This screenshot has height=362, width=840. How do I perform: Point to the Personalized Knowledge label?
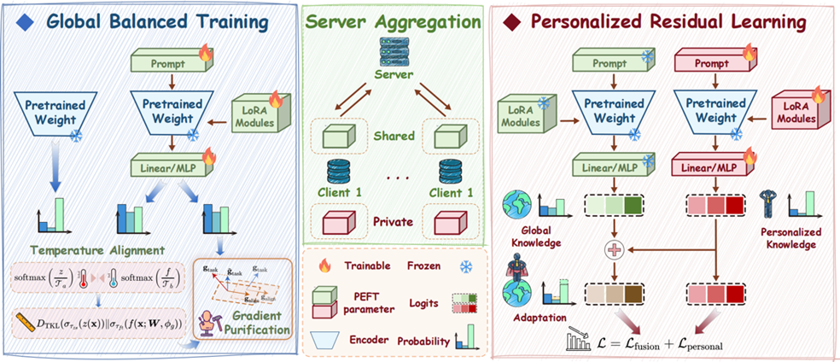click(x=785, y=236)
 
